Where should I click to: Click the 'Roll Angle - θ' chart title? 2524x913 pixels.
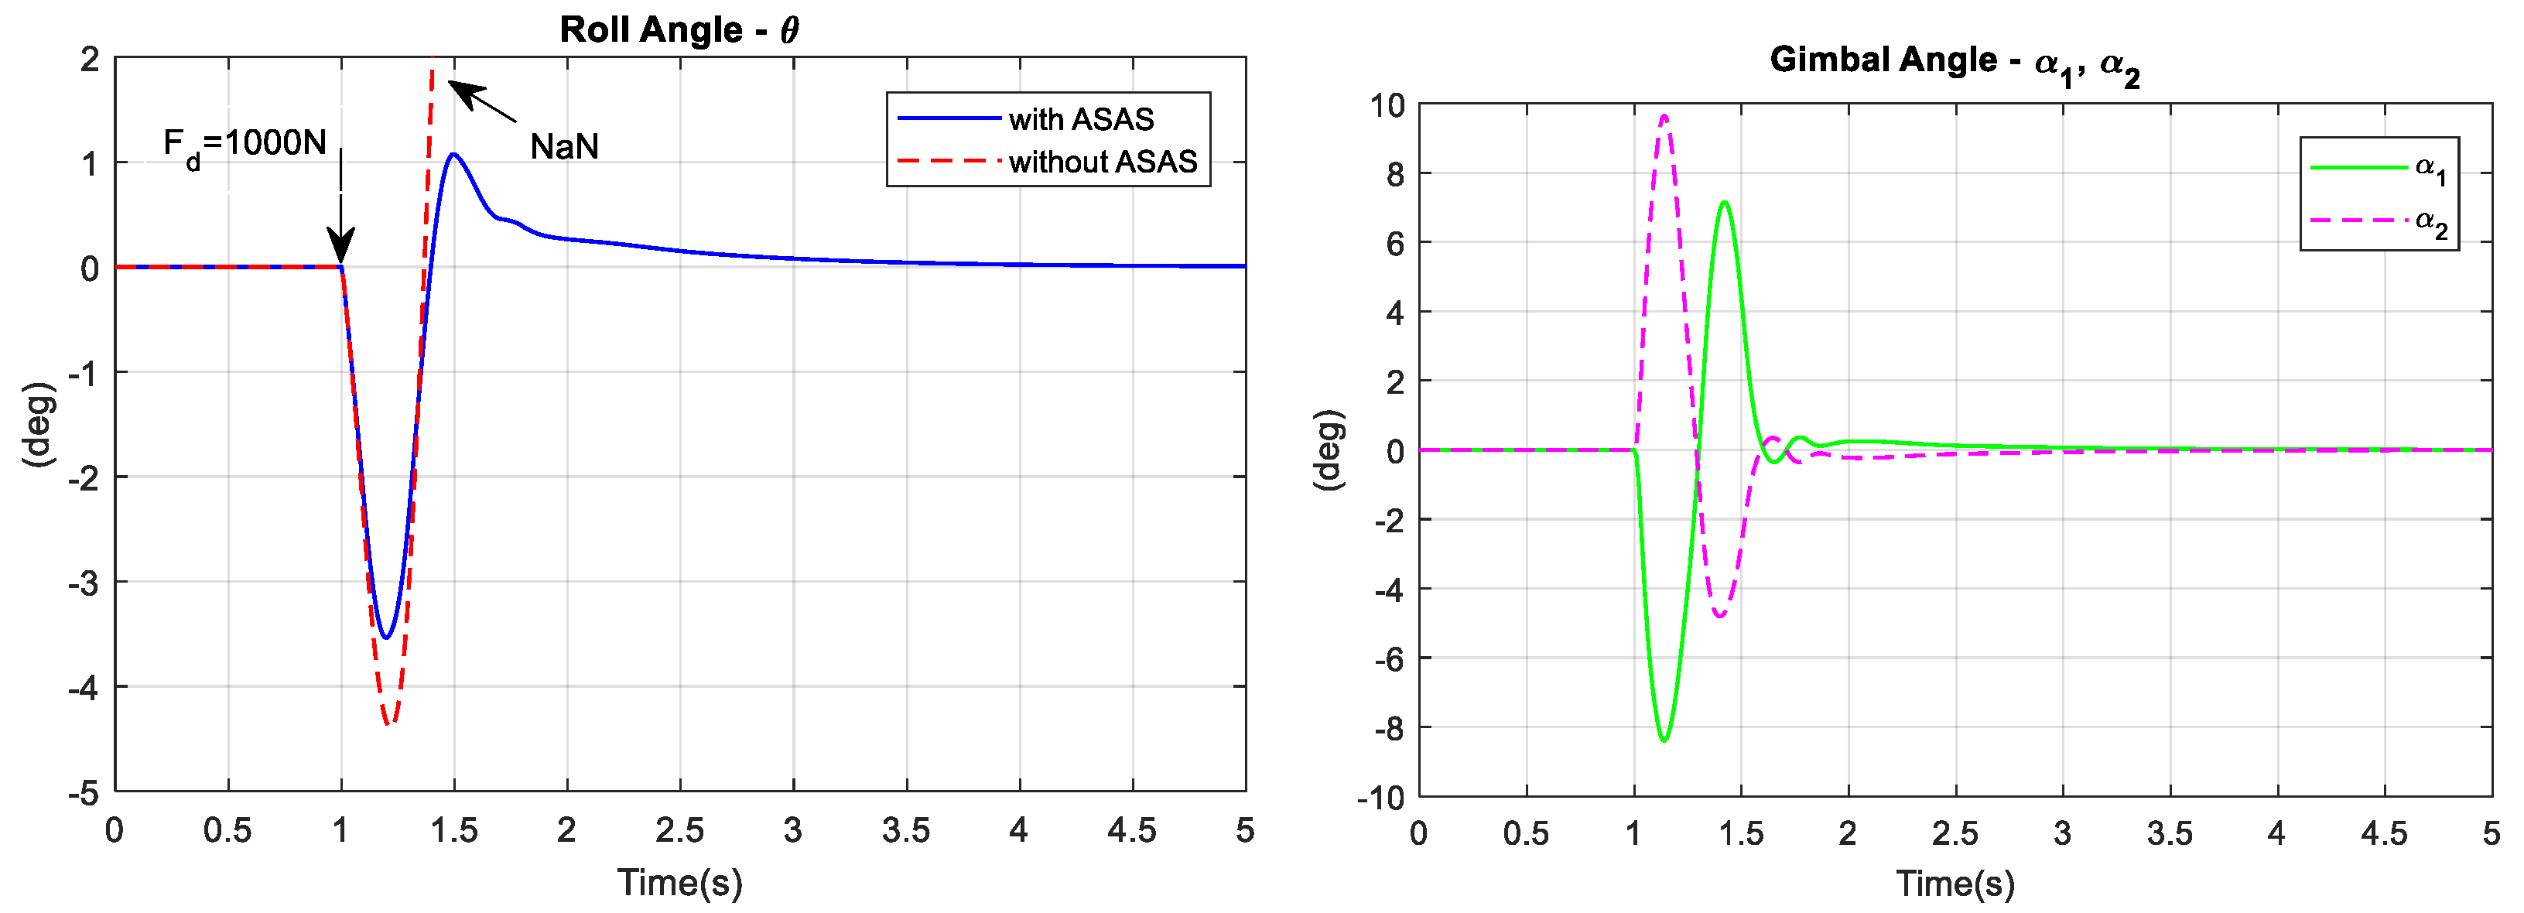pyautogui.click(x=679, y=29)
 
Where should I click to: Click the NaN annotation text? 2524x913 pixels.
pyautogui.click(x=563, y=147)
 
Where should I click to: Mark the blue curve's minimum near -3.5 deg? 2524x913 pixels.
pyautogui.click(x=386, y=638)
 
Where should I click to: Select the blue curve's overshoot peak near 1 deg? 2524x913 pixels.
pyautogui.click(x=453, y=154)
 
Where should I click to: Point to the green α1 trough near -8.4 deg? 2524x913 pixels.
pyautogui.click(x=1664, y=740)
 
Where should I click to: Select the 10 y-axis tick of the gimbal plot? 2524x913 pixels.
pyautogui.click(x=1387, y=104)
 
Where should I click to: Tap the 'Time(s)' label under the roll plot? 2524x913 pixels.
pyautogui.click(x=679, y=883)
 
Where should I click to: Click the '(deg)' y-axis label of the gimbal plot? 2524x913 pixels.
pyautogui.click(x=1328, y=450)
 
